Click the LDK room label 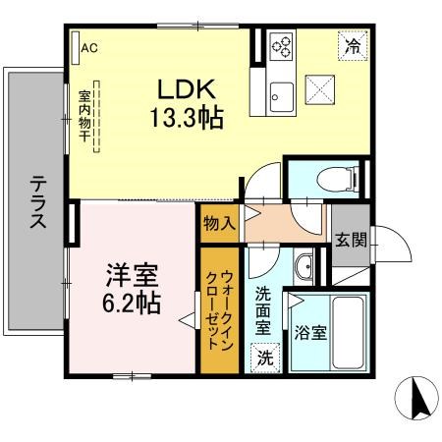click(x=188, y=88)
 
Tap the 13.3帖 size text click(x=188, y=119)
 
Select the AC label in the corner click(x=89, y=46)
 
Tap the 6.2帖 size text click(x=133, y=304)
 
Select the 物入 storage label click(x=218, y=222)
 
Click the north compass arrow click(x=415, y=399)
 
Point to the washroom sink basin click(x=304, y=268)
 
